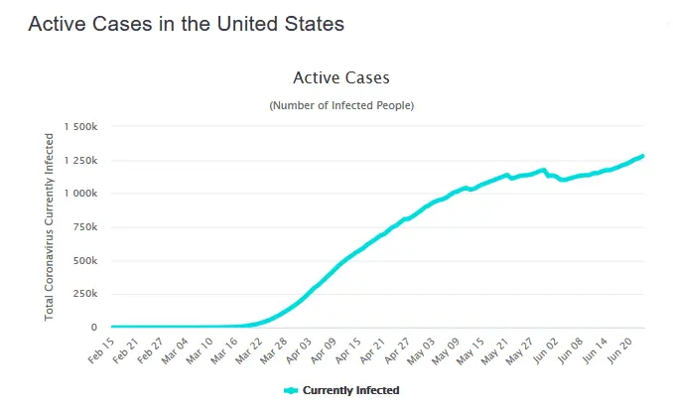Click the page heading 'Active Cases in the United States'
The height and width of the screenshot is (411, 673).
(186, 24)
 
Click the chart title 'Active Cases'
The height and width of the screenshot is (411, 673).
(341, 77)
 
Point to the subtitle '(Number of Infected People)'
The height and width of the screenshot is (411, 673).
(341, 105)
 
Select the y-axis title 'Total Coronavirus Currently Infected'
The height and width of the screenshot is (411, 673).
(50, 227)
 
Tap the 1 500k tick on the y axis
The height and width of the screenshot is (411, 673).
(81, 127)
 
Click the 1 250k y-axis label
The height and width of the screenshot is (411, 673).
(81, 161)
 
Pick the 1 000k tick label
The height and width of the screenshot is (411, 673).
(81, 195)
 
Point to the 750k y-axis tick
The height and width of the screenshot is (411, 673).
(86, 227)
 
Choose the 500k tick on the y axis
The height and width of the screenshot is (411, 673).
(86, 261)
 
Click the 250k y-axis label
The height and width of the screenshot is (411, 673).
(86, 295)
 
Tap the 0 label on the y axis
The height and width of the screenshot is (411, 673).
(94, 328)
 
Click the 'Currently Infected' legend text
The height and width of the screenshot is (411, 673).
(350, 391)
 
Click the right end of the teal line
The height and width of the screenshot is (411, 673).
(643, 156)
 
